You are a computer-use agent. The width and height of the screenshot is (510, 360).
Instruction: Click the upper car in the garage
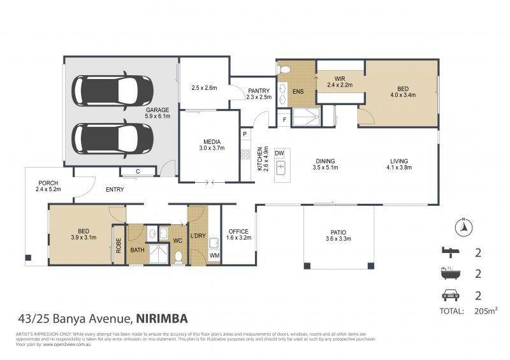pos(112,90)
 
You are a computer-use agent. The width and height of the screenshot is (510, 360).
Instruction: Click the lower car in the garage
pos(112,137)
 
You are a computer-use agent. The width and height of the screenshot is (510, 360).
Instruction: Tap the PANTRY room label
pos(259,94)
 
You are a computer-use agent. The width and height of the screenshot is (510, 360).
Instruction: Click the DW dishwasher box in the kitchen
pos(279,154)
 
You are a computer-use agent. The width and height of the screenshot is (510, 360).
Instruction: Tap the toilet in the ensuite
pos(284,69)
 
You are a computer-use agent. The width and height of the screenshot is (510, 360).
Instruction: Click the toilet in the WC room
pos(179,257)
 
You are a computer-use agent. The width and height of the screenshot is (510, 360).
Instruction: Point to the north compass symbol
pos(465,225)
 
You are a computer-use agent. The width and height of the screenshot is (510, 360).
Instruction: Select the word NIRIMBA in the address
pos(163,318)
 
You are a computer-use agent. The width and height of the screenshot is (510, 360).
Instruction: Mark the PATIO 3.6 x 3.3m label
pos(338,235)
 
